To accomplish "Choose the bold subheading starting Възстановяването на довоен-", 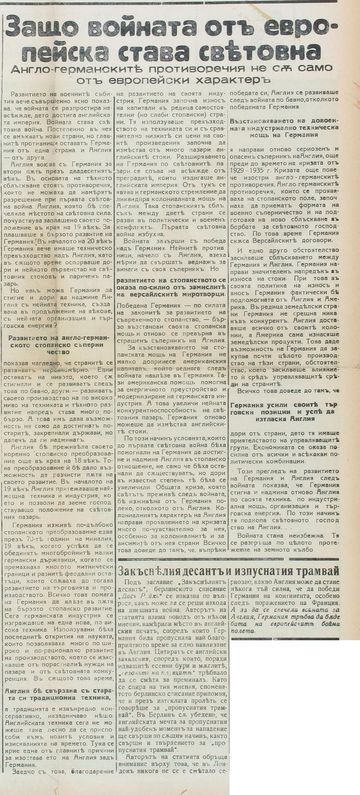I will tap(284, 128).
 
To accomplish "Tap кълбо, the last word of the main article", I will tap(306, 550).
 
